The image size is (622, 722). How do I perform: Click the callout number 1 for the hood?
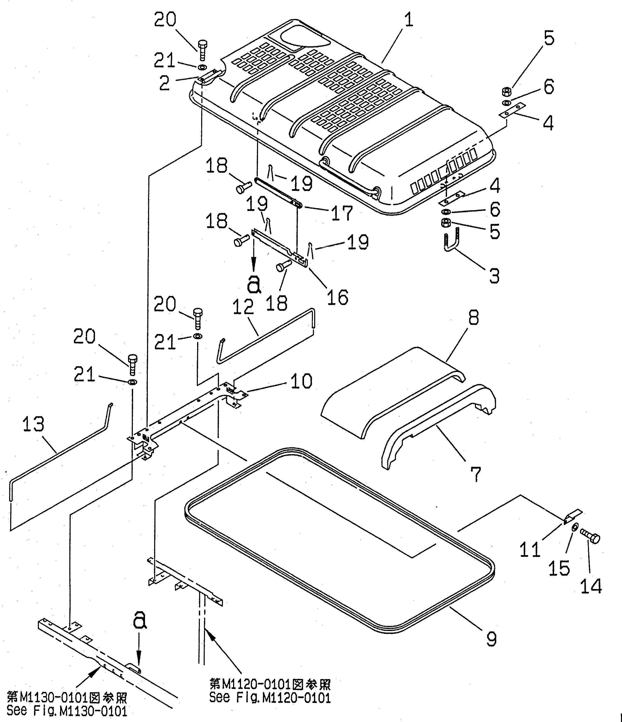[409, 20]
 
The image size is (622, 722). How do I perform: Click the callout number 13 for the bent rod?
[34, 424]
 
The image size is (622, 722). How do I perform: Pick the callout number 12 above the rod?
[243, 307]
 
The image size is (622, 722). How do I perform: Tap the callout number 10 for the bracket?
[301, 381]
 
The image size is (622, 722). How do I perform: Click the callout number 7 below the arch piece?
[475, 474]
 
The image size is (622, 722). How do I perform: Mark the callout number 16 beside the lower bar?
[337, 297]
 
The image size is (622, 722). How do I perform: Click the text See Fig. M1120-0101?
[270, 697]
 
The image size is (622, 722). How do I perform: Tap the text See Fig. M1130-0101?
[67, 711]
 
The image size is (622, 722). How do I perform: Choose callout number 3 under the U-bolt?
[495, 276]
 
